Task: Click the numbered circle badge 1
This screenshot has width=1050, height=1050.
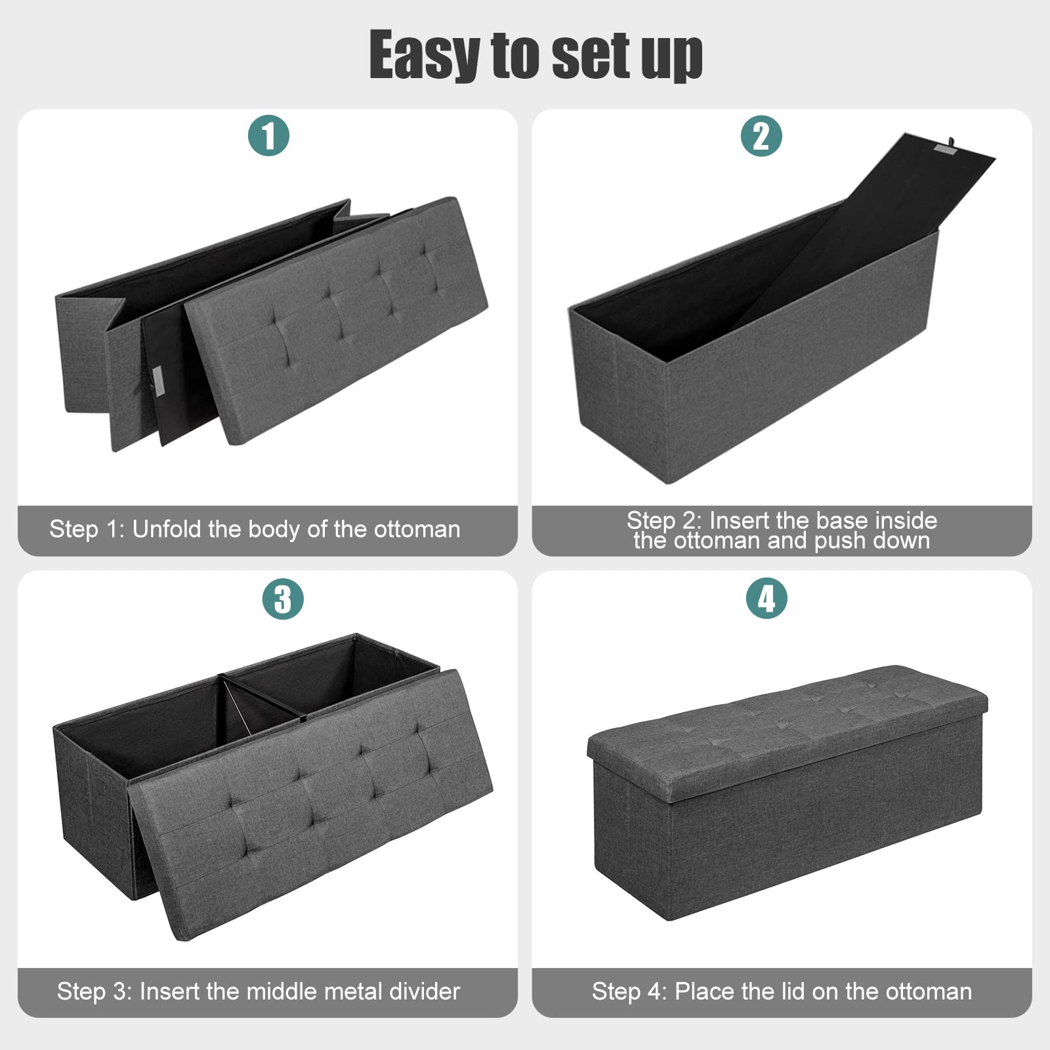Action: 268,136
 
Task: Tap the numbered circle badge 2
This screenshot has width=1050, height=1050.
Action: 761,136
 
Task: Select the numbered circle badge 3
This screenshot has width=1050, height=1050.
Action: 283,598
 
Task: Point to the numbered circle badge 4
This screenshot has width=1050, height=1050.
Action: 766,598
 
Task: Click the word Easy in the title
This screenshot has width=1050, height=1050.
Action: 425,56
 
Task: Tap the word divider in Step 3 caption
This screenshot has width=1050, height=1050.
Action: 425,991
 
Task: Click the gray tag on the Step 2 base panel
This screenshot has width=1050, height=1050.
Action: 946,153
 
